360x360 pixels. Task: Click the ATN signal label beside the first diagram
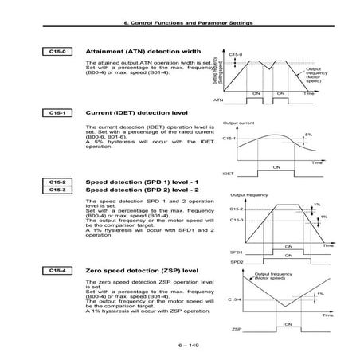pos(217,101)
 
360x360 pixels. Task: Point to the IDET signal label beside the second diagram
pos(227,171)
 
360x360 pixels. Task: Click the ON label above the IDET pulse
pos(276,166)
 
